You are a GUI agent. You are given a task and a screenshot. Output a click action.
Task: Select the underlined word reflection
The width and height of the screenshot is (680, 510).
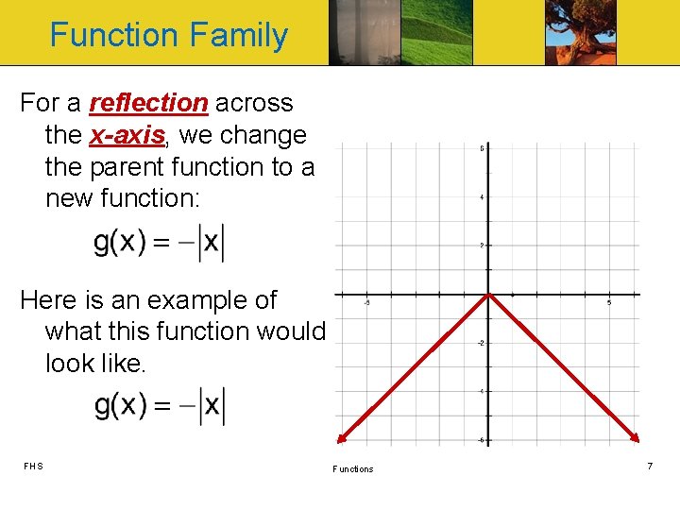coord(149,103)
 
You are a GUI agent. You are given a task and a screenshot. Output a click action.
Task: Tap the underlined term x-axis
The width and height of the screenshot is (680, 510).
coord(127,135)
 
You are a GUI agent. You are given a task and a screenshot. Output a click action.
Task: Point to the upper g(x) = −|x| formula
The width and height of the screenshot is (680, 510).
coord(159,244)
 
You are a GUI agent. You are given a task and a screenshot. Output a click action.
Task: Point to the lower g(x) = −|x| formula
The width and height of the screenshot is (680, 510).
coord(159,405)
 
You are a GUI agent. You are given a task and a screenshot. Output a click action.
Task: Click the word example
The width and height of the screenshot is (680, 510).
coord(186,300)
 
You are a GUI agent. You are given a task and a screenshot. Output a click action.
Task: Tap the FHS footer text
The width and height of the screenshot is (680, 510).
coord(34,466)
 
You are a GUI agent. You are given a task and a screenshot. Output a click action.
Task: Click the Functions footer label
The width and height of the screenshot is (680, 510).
coord(352,468)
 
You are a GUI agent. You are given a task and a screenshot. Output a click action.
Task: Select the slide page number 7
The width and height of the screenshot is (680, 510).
coord(649,467)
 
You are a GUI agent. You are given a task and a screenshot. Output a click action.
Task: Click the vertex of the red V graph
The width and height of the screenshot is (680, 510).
coord(488,295)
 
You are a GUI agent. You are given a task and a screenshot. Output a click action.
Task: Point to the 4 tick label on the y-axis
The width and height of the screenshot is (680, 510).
coord(483,197)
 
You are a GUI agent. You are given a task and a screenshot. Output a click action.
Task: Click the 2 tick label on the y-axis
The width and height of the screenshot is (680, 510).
coord(483,246)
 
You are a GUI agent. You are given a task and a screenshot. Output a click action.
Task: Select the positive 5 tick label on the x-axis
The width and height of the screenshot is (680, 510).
coord(609,303)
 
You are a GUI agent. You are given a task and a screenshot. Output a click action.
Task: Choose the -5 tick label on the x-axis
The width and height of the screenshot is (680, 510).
coord(366,303)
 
